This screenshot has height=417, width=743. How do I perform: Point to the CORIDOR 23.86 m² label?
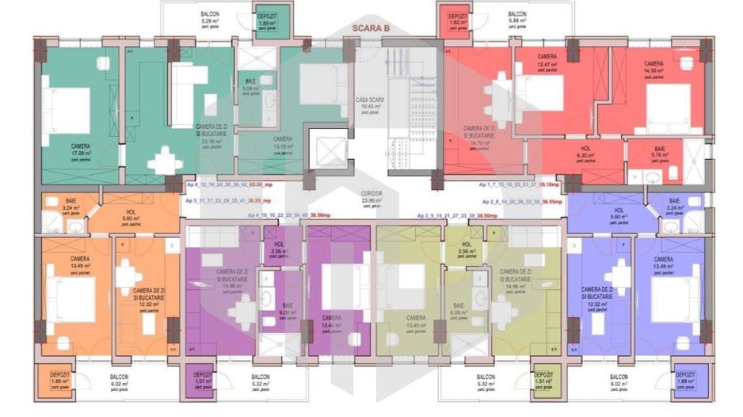tap(371, 197)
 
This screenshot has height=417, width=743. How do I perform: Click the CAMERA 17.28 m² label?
tap(80, 150)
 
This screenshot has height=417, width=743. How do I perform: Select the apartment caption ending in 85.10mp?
tap(519, 184)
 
